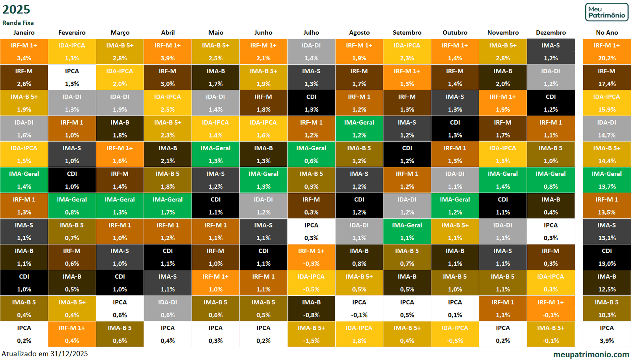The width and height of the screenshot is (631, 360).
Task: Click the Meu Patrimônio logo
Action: tap(607, 12)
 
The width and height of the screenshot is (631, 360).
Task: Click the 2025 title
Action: tap(16, 9)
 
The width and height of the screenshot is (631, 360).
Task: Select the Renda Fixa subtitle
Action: tap(18, 23)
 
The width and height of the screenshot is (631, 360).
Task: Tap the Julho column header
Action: tap(311, 33)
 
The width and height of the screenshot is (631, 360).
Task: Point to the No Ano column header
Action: tap(607, 33)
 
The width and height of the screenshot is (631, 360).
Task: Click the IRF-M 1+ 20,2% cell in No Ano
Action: tap(607, 52)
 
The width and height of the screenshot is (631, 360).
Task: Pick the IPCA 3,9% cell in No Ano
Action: tap(607, 334)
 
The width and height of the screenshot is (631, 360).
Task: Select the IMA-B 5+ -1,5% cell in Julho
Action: tap(311, 334)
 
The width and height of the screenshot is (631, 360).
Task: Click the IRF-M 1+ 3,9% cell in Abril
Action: tap(168, 52)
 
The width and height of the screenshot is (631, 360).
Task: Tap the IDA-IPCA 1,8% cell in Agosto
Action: tap(359, 334)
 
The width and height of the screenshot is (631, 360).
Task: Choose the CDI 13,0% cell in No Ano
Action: tap(607, 257)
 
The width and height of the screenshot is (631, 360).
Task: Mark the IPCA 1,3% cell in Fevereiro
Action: tap(72, 77)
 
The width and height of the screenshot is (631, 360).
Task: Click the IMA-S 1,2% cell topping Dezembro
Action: tap(551, 52)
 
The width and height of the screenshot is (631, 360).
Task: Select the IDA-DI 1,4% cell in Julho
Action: tap(311, 52)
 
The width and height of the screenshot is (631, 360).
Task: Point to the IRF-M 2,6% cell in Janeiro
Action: tap(24, 77)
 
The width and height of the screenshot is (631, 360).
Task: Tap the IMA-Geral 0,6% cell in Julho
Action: tap(311, 154)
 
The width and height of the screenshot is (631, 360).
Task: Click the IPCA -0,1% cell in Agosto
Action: tap(359, 308)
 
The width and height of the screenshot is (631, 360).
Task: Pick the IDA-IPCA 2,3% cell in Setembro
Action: tap(407, 52)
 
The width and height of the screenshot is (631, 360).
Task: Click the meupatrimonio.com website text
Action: tap(591, 354)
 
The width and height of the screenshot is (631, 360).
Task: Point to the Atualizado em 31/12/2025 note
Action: tap(45, 354)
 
